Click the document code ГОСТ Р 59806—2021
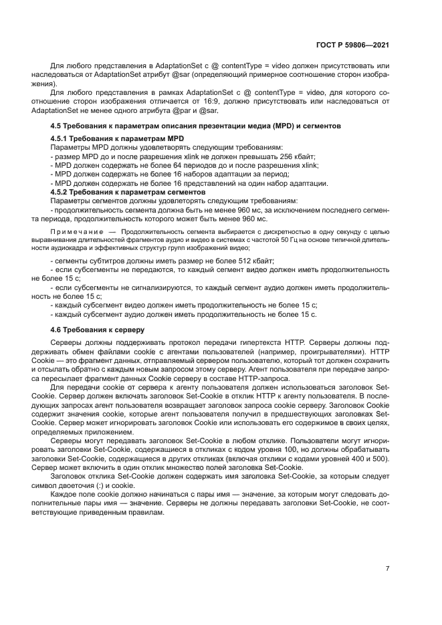[352, 45]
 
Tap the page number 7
[387, 568]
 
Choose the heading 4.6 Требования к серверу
[98, 330]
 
